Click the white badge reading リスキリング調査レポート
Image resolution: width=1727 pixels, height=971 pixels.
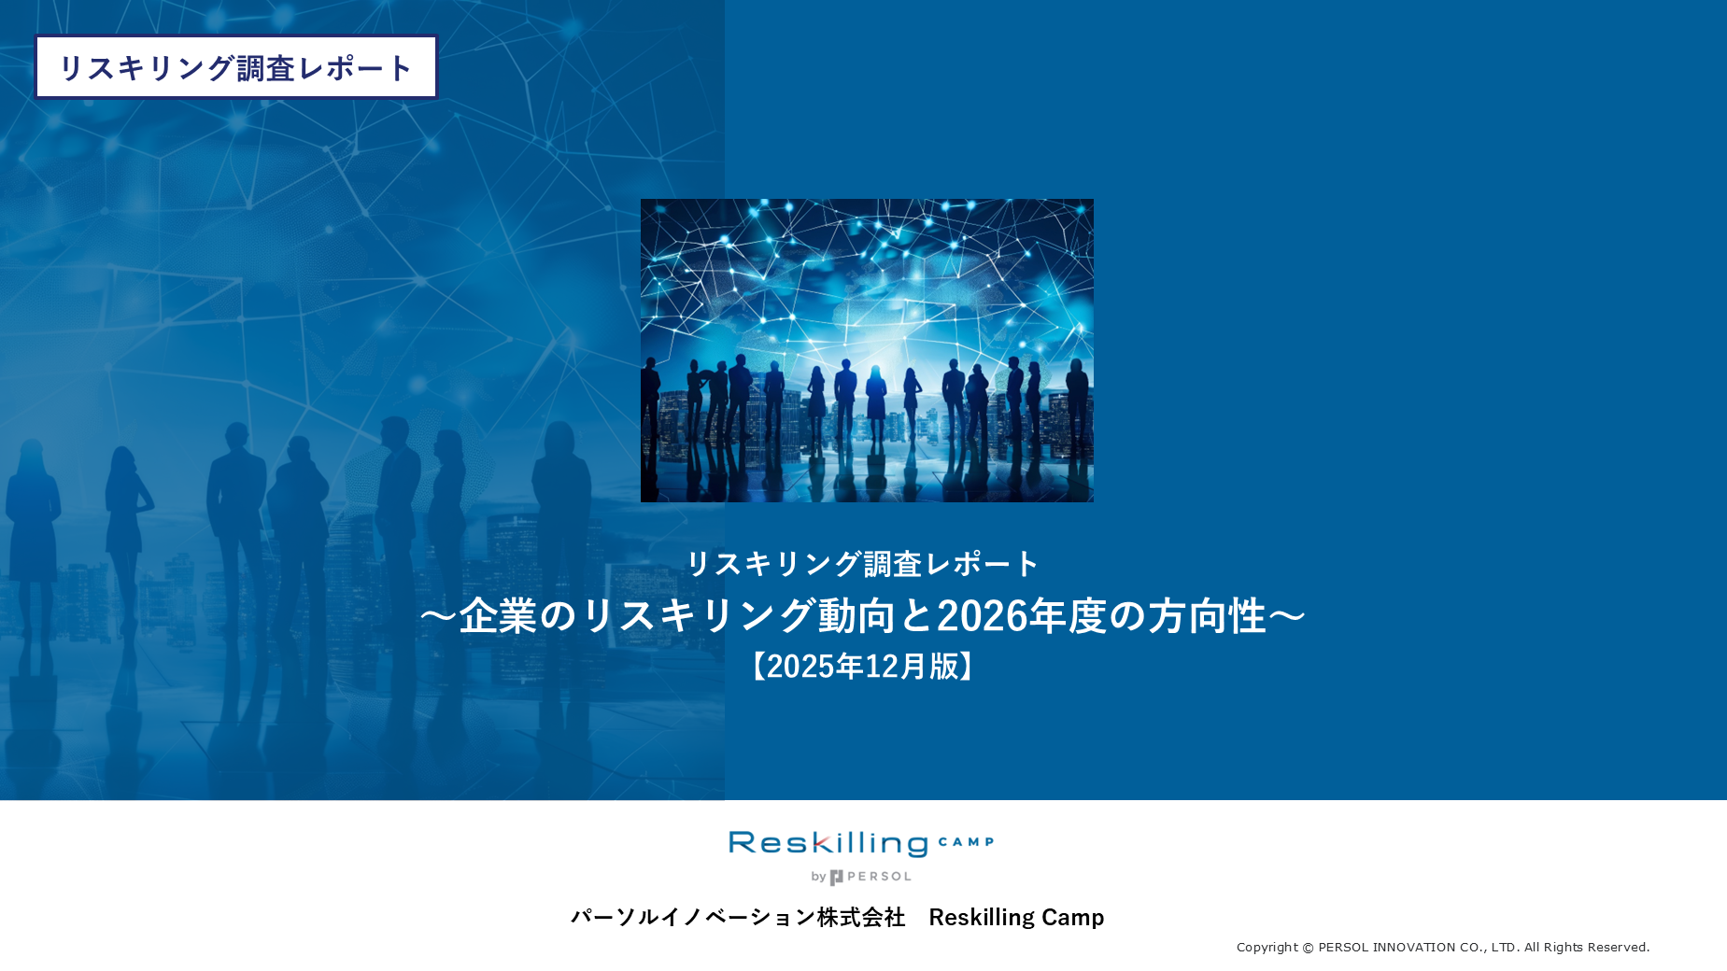pyautogui.click(x=235, y=67)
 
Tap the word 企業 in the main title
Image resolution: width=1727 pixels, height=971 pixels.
pyautogui.click(x=498, y=616)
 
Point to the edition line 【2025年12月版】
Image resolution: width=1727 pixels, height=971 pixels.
pyautogui.click(x=863, y=667)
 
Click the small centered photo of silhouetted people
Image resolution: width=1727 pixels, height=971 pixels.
pyautogui.click(x=867, y=350)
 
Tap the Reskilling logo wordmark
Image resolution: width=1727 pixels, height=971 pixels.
pyautogui.click(x=828, y=843)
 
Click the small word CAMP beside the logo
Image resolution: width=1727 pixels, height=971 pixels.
pyautogui.click(x=966, y=842)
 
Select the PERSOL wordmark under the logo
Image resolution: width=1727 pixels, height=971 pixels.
pyautogui.click(x=878, y=877)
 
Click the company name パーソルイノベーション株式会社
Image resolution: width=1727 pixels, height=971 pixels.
pyautogui.click(x=738, y=917)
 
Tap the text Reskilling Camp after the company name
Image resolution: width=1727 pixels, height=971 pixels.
pyautogui.click(x=1016, y=917)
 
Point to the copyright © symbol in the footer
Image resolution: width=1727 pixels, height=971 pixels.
pyautogui.click(x=1308, y=948)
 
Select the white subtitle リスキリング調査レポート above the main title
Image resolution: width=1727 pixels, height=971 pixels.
pyautogui.click(x=863, y=564)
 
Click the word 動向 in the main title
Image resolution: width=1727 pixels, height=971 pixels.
pyautogui.click(x=857, y=616)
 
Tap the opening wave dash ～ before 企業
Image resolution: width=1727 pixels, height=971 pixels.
pyautogui.click(x=438, y=616)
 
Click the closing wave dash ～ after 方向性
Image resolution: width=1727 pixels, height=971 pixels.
pyautogui.click(x=1287, y=616)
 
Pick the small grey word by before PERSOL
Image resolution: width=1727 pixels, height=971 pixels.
pyautogui.click(x=818, y=877)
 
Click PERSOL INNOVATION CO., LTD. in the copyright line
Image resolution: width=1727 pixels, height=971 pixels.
pyautogui.click(x=1419, y=948)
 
